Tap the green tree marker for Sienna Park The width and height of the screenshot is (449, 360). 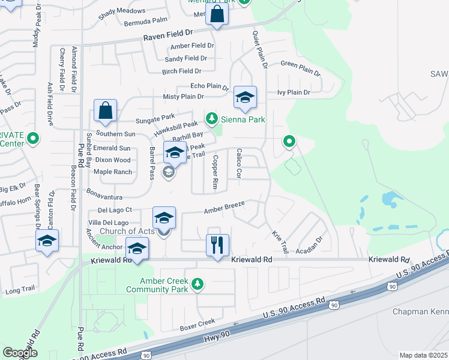(x=211, y=119)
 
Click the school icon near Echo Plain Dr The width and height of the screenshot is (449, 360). (x=245, y=97)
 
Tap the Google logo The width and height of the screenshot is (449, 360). (x=20, y=352)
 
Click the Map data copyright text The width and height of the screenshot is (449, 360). (x=424, y=355)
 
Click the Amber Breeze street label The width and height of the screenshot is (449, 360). (x=224, y=206)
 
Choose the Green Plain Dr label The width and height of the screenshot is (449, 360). (x=301, y=68)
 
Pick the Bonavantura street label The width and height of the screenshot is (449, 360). (x=104, y=197)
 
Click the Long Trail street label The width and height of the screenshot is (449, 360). (x=21, y=291)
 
